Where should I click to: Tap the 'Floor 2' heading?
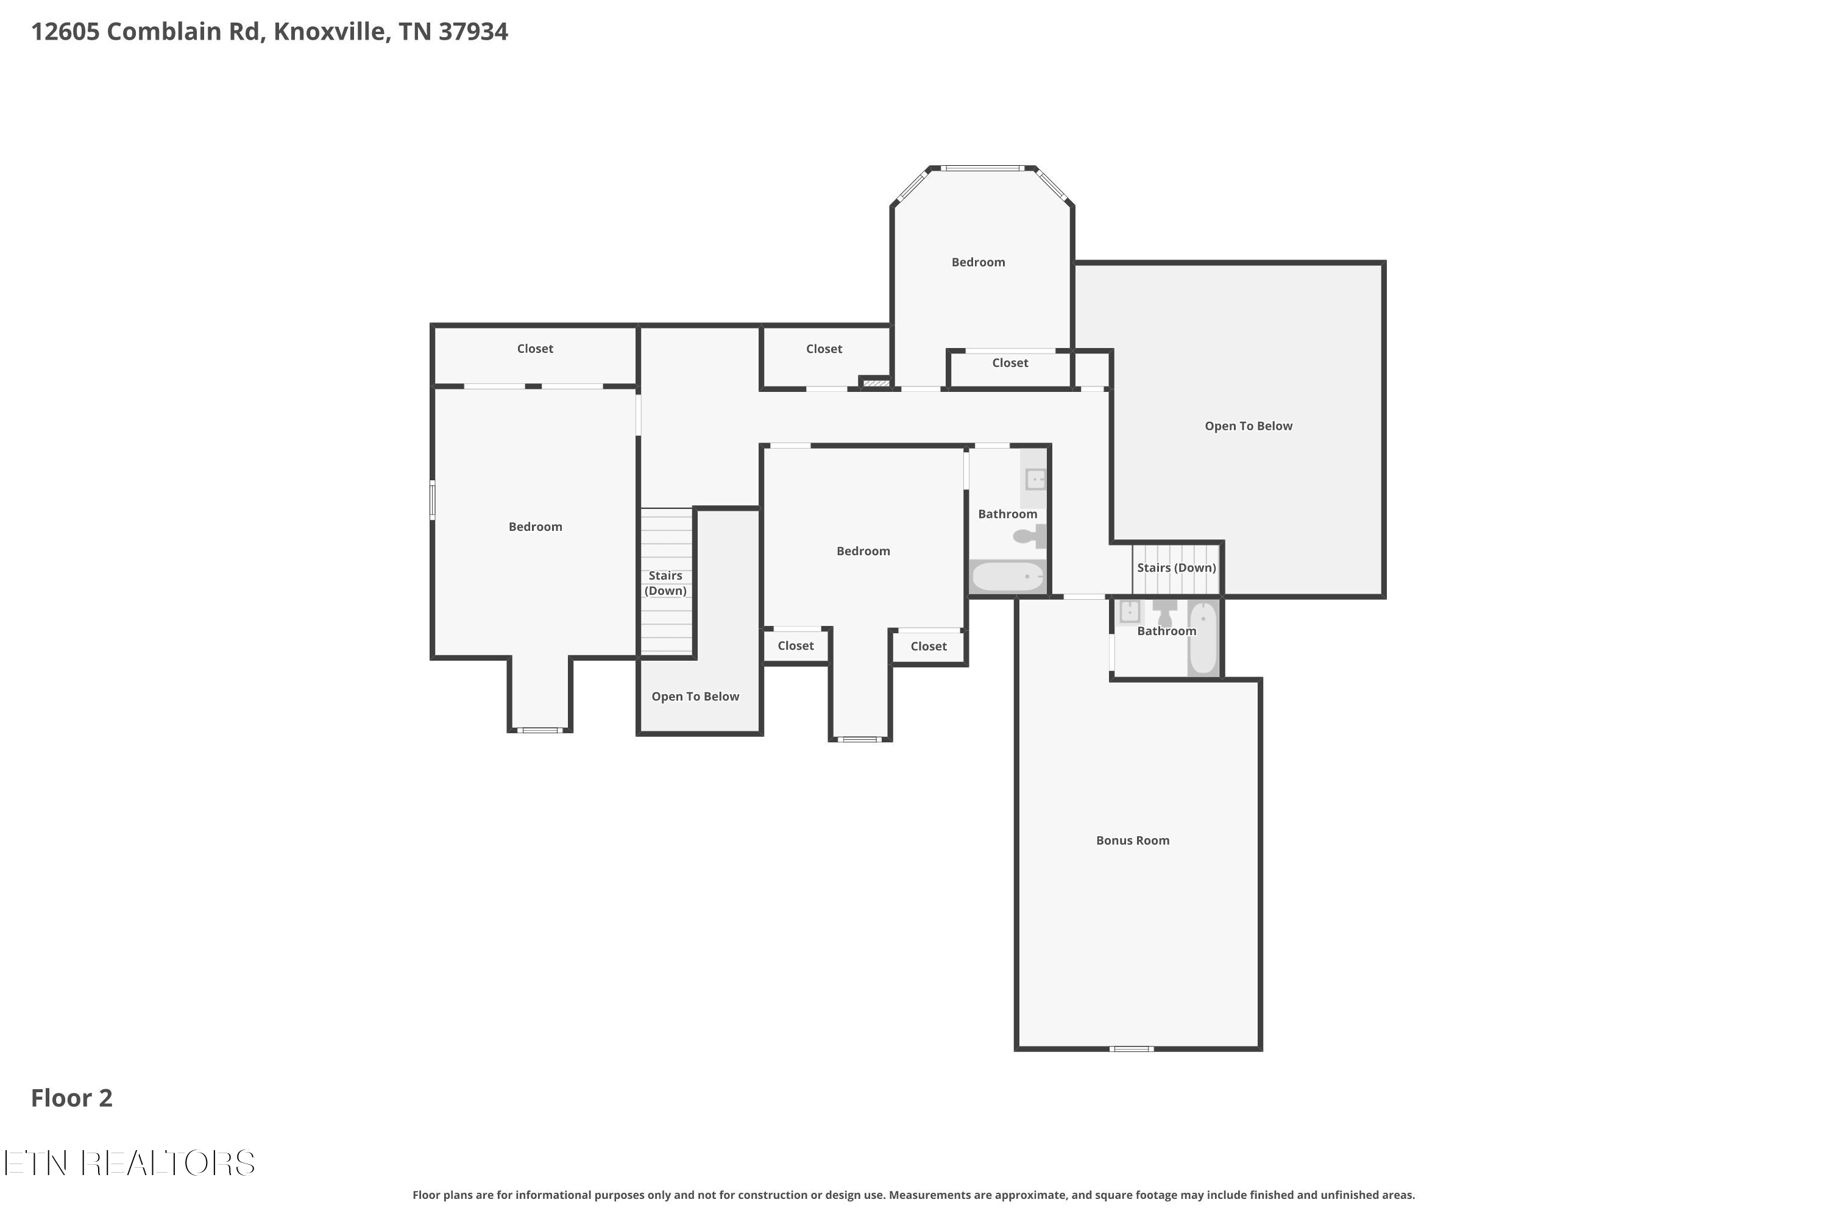(x=71, y=1098)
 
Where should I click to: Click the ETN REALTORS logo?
(x=129, y=1163)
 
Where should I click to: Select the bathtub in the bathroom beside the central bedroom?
(x=1008, y=576)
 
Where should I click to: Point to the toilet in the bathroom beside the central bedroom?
(x=1030, y=536)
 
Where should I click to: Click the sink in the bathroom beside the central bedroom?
(x=1035, y=479)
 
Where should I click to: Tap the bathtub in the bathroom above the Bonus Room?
(x=1202, y=638)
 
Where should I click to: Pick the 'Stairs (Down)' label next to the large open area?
(x=1177, y=567)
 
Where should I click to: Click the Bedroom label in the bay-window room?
(x=979, y=262)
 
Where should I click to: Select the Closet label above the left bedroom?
(x=536, y=348)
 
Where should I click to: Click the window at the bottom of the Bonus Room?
(x=1132, y=1049)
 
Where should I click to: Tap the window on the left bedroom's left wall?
(x=433, y=499)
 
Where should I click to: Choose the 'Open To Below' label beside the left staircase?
(x=696, y=697)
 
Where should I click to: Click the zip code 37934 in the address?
(x=473, y=31)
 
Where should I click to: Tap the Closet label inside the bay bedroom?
(x=1010, y=363)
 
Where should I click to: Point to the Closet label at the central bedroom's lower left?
(x=796, y=645)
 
